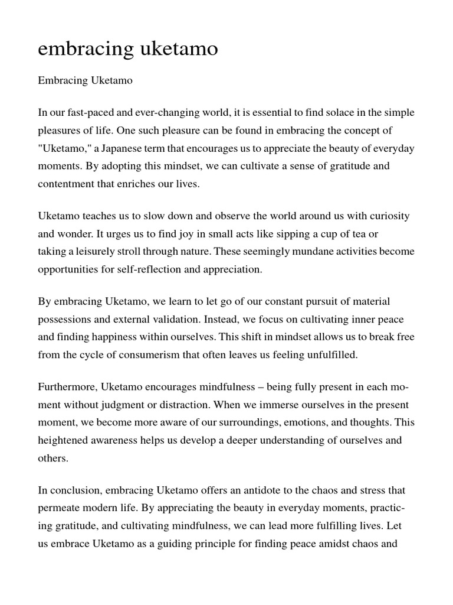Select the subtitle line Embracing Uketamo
click(x=85, y=81)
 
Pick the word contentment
click(x=65, y=183)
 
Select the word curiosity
click(x=385, y=216)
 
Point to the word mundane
click(x=314, y=251)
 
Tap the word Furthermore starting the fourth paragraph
click(x=67, y=388)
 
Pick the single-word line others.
click(x=53, y=457)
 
